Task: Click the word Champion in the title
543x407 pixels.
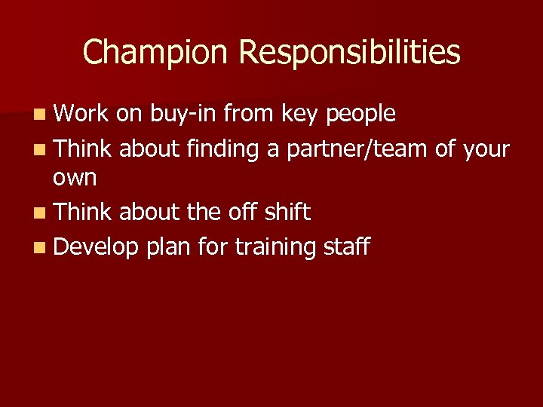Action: click(156, 53)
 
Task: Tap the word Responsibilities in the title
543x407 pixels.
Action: click(349, 53)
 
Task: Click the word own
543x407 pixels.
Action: click(75, 179)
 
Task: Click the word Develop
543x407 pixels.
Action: click(96, 247)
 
